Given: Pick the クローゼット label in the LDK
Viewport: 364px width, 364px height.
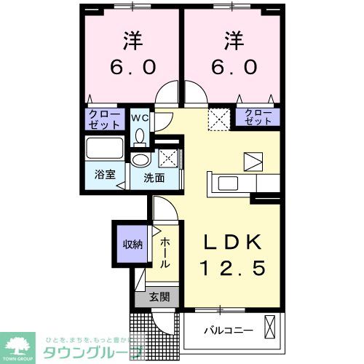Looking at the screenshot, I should (257, 116).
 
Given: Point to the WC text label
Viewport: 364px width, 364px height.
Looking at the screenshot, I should (140, 116).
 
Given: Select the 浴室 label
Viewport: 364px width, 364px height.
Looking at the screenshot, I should (105, 175).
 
